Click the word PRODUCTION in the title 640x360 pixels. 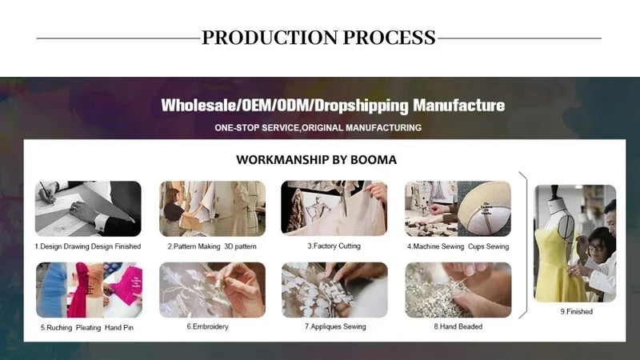pyautogui.click(x=270, y=38)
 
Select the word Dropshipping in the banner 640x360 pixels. pyautogui.click(x=362, y=106)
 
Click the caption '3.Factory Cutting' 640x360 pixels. pyautogui.click(x=334, y=246)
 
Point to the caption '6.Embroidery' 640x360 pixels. pyautogui.click(x=207, y=326)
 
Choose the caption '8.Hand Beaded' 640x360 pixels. pyautogui.click(x=458, y=326)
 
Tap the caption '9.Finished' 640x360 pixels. pyautogui.click(x=576, y=311)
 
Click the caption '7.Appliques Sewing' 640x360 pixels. pyautogui.click(x=335, y=326)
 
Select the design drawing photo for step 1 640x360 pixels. pyautogui.click(x=88, y=209)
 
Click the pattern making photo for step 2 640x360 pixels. pyautogui.click(x=212, y=209)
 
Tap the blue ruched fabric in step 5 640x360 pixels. pyautogui.click(x=52, y=290)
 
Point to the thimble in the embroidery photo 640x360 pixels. pyautogui.click(x=218, y=283)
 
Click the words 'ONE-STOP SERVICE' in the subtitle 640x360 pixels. pyautogui.click(x=257, y=128)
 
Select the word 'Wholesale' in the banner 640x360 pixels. pyautogui.click(x=198, y=106)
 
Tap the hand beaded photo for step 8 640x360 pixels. pyautogui.click(x=458, y=290)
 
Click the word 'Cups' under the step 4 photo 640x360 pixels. pyautogui.click(x=476, y=246)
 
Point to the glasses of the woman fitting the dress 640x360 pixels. pyautogui.click(x=596, y=247)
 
